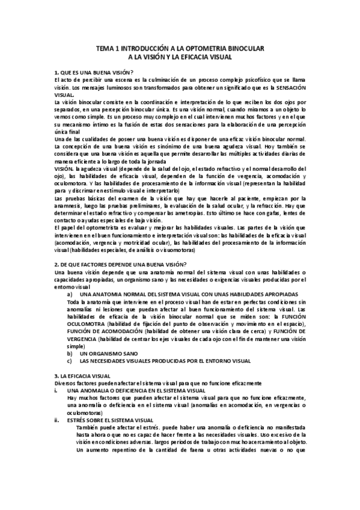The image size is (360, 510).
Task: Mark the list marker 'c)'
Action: pyautogui.click(x=70, y=361)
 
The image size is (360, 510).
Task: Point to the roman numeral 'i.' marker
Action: pyautogui.click(x=56, y=390)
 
